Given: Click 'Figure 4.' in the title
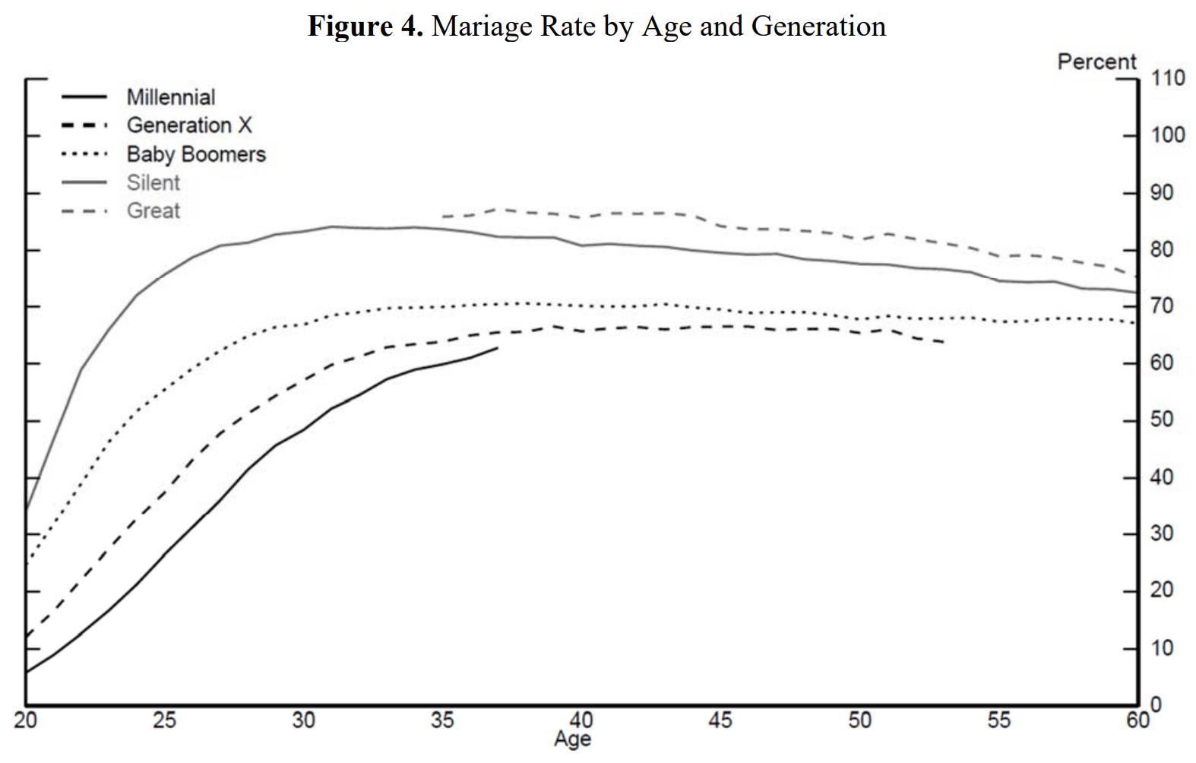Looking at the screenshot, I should point(365,27).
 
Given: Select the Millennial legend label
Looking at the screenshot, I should point(171,97).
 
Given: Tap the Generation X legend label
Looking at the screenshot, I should point(188,125).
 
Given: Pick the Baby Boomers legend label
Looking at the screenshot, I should point(196,154).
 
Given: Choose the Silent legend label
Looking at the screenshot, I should point(153,182).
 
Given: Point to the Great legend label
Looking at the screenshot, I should point(153,211).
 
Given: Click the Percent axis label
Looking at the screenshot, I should point(1096,62).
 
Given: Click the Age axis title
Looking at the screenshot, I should point(572,739).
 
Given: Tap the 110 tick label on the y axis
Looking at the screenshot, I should point(1168,78).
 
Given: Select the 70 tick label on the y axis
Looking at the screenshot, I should point(1162,306).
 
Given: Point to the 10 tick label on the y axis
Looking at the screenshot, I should point(1162,648).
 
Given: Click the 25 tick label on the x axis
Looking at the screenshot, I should point(164,720).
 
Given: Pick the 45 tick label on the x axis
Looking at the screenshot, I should point(720,720).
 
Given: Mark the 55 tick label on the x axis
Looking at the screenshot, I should point(998,720).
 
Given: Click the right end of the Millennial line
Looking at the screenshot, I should point(498,348).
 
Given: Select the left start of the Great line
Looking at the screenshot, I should point(443,217).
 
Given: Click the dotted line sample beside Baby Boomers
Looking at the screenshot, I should point(84,154).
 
